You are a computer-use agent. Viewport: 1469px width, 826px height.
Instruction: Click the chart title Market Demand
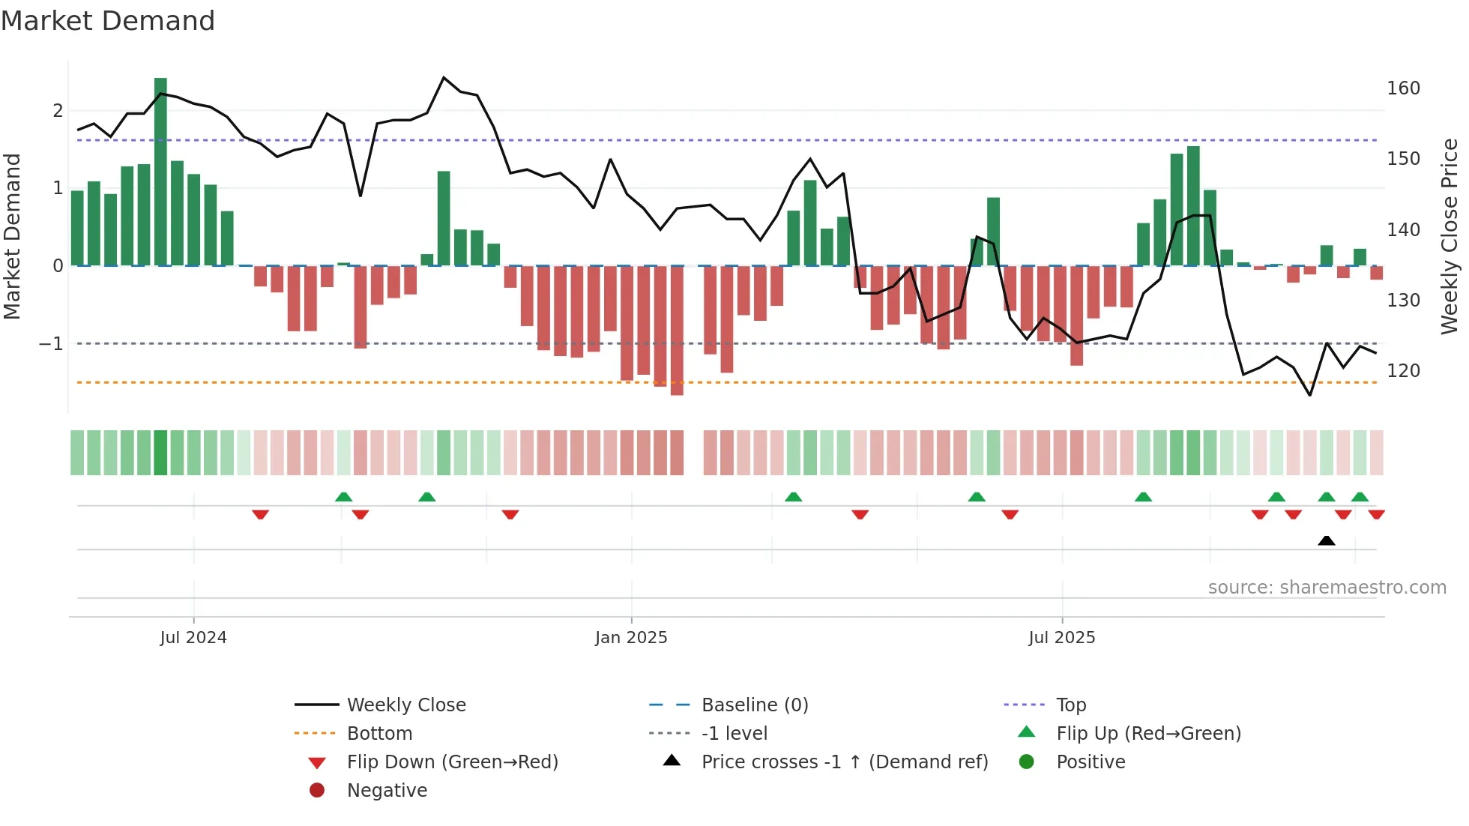(108, 21)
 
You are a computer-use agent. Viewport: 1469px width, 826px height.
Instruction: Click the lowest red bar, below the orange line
(677, 330)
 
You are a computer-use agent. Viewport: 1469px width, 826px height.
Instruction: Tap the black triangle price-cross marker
(1327, 540)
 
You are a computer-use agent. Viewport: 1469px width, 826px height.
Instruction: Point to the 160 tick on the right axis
(1403, 88)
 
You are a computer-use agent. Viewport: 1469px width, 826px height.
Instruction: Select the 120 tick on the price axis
(1403, 371)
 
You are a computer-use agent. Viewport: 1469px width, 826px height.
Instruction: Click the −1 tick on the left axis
(52, 344)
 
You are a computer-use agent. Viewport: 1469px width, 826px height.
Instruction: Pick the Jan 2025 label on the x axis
(631, 638)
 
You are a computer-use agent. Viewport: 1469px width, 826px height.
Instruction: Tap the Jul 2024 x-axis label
(193, 638)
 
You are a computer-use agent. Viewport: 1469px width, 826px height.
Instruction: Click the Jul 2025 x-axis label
(1062, 638)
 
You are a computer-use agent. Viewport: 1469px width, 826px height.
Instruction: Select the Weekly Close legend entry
(405, 705)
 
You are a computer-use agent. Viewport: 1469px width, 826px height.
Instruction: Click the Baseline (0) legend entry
(754, 705)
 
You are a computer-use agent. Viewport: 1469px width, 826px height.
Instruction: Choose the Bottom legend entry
(379, 734)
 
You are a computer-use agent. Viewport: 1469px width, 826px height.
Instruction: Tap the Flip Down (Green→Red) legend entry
(452, 762)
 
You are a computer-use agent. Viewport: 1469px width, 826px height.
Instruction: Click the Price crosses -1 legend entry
(844, 762)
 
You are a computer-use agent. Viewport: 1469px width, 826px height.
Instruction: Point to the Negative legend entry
(387, 791)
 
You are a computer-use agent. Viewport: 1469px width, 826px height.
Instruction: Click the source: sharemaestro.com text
(1327, 588)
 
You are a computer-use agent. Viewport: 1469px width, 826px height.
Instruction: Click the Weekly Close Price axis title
(1450, 236)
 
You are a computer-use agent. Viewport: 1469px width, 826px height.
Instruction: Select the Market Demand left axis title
(12, 236)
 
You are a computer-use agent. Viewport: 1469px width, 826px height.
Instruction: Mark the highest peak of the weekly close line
(444, 78)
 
